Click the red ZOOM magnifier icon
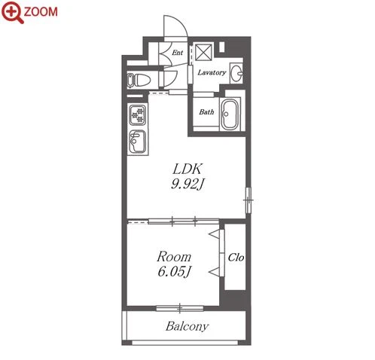pos(12,12)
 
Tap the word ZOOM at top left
pos(41,12)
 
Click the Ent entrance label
pos(177,53)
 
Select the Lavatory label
pos(212,72)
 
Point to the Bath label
pos(206,111)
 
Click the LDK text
pos(187,169)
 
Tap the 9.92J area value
pos(187,185)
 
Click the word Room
pos(174,257)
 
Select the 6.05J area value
pos(175,271)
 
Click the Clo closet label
pos(236,258)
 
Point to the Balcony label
pos(187,326)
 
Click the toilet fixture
pos(139,81)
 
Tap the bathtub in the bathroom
pos(230,114)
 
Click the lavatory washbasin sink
pos(236,73)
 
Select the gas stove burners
pos(138,115)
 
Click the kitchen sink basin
pos(137,142)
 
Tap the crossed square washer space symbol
pos(203,52)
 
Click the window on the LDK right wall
pos(248,200)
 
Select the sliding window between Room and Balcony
pos(180,308)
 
